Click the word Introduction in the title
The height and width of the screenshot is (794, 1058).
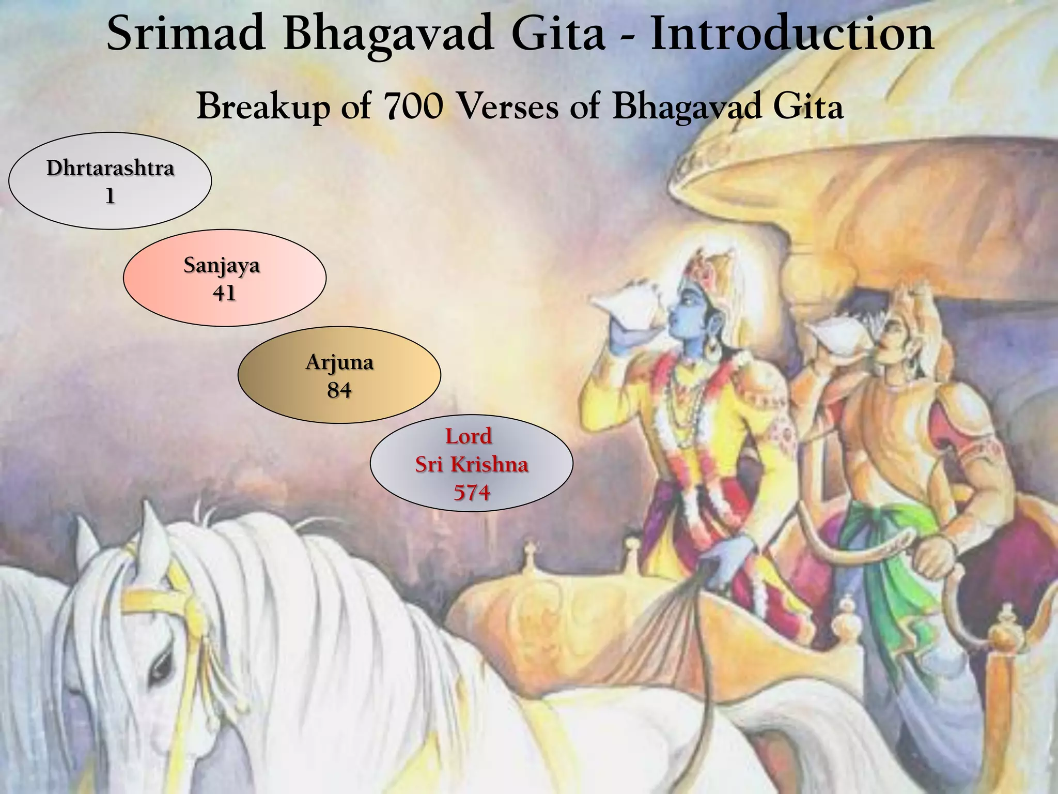pyautogui.click(x=792, y=34)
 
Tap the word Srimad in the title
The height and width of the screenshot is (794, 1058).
pyautogui.click(x=187, y=34)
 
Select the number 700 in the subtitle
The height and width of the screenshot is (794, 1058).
pyautogui.click(x=413, y=106)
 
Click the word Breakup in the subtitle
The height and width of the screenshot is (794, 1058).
pyautogui.click(x=263, y=108)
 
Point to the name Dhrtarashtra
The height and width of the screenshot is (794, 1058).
pyautogui.click(x=110, y=169)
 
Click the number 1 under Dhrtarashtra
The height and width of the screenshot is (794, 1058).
pyautogui.click(x=110, y=196)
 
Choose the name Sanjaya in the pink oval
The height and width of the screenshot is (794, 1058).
pyautogui.click(x=222, y=266)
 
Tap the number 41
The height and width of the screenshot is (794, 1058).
pyautogui.click(x=224, y=294)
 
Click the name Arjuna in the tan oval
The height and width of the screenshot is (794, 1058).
pyautogui.click(x=339, y=362)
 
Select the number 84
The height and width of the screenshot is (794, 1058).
pyautogui.click(x=339, y=390)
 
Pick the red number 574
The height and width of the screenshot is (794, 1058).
pyautogui.click(x=471, y=492)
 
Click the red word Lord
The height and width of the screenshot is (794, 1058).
pyautogui.click(x=468, y=437)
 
